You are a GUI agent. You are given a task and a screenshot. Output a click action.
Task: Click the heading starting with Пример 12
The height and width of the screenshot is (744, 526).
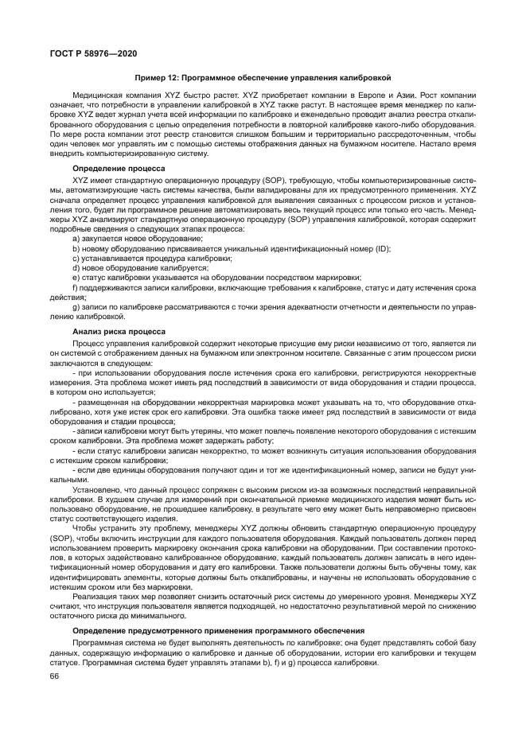pos(263,78)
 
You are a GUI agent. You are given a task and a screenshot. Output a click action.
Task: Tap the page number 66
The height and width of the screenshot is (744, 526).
pos(54,676)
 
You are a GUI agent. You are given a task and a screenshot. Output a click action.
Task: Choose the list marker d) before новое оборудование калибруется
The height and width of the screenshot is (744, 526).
pos(76,267)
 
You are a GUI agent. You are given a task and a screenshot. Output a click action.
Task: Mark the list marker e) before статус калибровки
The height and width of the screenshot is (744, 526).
pos(76,277)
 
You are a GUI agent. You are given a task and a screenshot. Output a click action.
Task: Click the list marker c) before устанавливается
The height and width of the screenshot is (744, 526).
pos(76,259)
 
